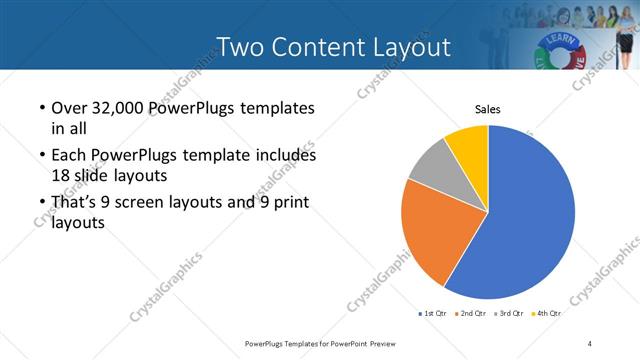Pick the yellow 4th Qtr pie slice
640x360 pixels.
(x=468, y=143)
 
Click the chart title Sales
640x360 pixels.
(x=487, y=110)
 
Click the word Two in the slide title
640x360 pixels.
(x=239, y=47)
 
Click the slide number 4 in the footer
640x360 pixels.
(x=590, y=343)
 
